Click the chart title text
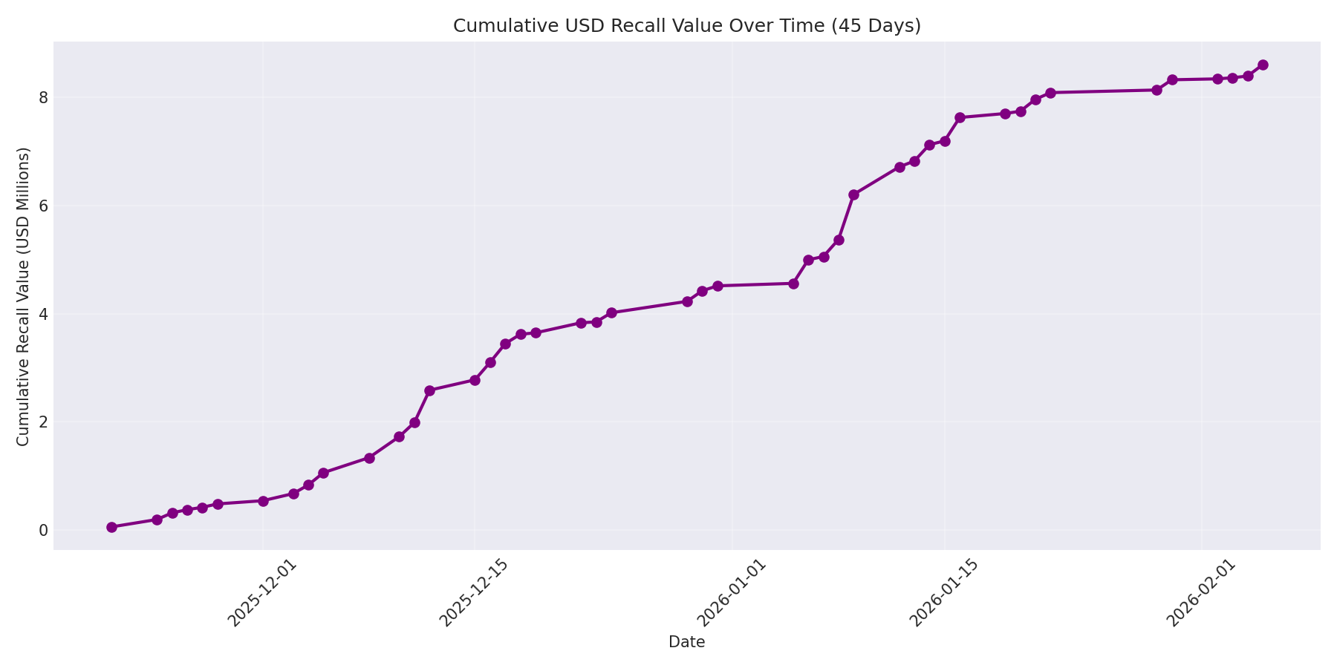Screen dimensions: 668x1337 coord(686,26)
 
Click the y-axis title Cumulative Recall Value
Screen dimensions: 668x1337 coord(24,297)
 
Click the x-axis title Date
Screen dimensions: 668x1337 coord(686,642)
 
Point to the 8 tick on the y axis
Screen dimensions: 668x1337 coord(43,98)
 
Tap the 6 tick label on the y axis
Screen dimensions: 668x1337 coord(43,206)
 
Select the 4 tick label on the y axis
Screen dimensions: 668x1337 coord(43,314)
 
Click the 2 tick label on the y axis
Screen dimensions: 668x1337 coord(43,422)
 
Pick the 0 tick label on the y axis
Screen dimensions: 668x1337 coord(43,530)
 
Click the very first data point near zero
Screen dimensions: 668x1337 coord(111,527)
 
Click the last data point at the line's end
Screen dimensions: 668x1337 coord(1262,65)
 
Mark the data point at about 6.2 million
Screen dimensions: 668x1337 coord(853,194)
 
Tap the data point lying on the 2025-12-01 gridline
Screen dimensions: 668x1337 coord(263,501)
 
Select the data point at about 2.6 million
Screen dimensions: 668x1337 coord(429,390)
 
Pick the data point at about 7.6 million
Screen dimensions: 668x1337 coord(960,117)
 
